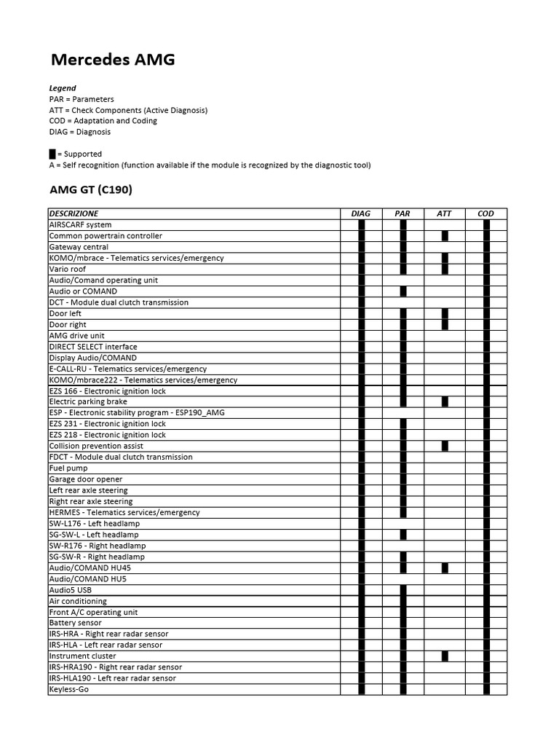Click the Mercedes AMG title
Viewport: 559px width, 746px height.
tap(112, 60)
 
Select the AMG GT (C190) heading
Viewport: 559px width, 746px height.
tap(90, 190)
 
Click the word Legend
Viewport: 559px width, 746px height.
tap(63, 88)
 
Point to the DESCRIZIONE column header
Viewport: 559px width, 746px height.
tap(74, 213)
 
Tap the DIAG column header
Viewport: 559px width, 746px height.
tap(361, 213)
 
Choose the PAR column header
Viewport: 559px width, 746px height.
tap(403, 213)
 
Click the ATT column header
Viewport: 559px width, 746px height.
tap(444, 213)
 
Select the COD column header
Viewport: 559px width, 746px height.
tap(486, 213)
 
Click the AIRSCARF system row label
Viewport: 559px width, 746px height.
tap(80, 225)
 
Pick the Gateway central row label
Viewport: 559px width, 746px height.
tap(79, 247)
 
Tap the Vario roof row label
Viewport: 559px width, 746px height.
tap(68, 269)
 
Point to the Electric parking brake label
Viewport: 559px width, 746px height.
tap(88, 401)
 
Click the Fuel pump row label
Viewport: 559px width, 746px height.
tap(68, 468)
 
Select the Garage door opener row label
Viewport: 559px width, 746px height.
tap(86, 479)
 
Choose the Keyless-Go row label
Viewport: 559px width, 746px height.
tap(69, 689)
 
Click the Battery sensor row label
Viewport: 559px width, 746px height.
tap(76, 623)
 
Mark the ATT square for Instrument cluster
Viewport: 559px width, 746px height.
tap(445, 656)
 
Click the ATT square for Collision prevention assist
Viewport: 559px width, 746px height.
tap(445, 446)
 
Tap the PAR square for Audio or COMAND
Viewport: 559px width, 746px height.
tap(403, 291)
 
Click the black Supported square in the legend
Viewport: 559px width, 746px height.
tap(52, 154)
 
